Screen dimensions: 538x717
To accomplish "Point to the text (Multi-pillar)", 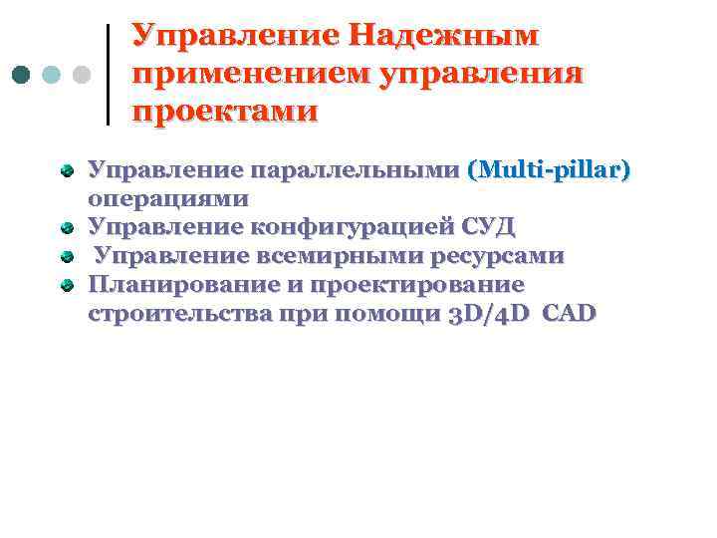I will tap(549, 170).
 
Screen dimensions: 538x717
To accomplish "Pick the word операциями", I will tap(168, 198).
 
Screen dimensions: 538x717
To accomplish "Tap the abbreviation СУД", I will tap(487, 227).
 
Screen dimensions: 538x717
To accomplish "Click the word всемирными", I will tap(340, 256).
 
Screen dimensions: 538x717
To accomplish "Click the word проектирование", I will tap(417, 285).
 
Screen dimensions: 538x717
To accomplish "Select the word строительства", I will tap(184, 314).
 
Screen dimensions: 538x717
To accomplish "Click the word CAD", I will tap(571, 314).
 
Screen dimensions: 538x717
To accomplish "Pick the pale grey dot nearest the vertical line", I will tap(83, 75).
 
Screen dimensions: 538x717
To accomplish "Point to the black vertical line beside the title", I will tap(108, 74).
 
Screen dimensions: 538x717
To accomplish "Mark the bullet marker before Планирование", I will tap(67, 286).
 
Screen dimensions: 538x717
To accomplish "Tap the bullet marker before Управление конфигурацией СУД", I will tap(67, 228).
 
